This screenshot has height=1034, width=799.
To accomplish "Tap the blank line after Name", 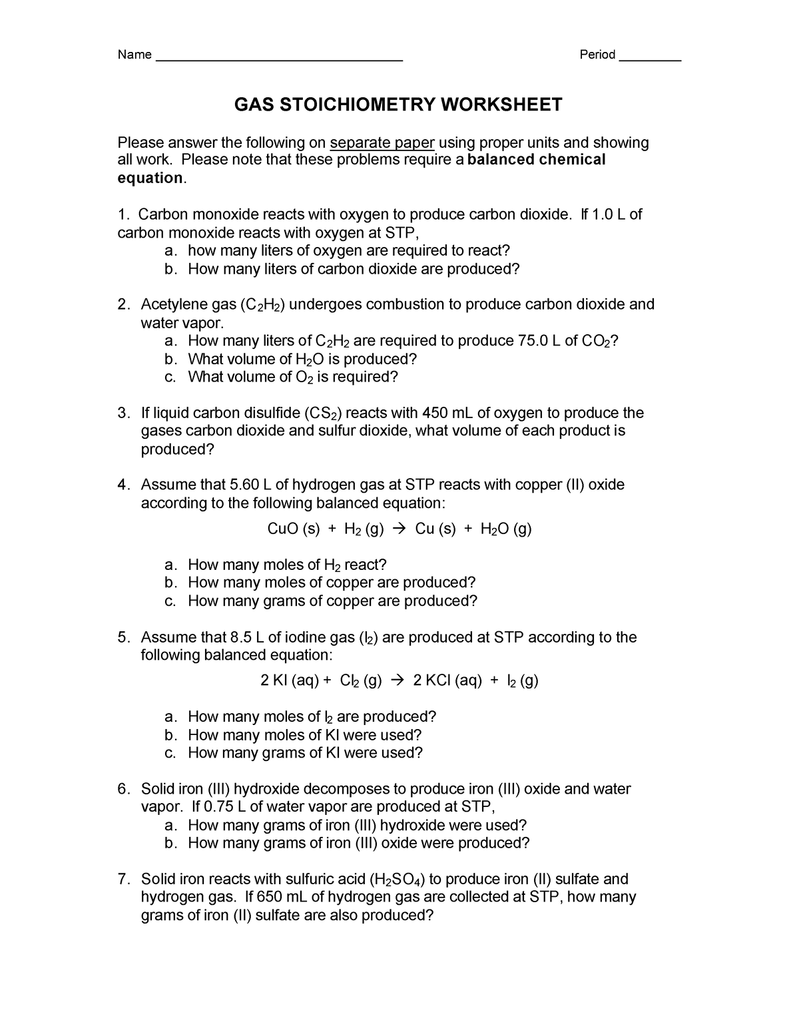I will (x=279, y=60).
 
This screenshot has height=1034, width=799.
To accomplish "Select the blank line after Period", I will (x=650, y=60).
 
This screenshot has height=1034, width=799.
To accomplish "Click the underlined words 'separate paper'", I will (x=382, y=142).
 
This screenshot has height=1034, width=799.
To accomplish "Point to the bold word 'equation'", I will (x=149, y=178).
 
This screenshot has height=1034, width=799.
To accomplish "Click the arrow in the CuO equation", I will (x=399, y=529).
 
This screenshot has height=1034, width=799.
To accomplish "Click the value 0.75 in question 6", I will (x=218, y=807).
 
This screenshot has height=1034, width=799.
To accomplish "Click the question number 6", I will (x=123, y=789).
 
